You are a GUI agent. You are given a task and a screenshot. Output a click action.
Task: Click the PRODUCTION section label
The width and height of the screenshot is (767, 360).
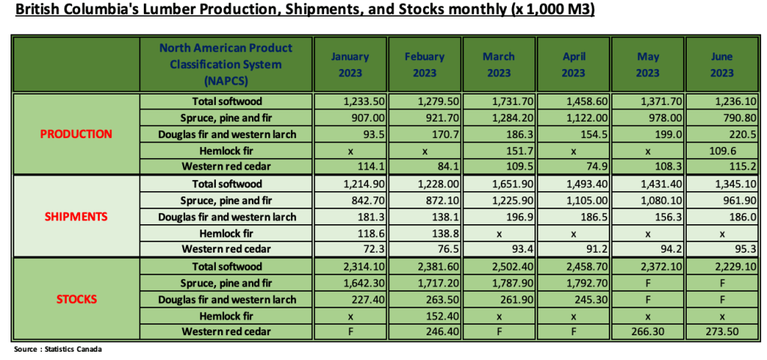[76, 134]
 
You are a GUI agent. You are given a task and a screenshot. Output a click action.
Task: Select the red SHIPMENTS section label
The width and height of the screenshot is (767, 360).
[75, 217]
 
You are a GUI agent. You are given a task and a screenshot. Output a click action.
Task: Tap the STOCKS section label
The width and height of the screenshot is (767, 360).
[76, 299]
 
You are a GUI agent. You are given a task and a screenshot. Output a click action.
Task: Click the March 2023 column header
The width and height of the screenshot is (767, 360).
[499, 64]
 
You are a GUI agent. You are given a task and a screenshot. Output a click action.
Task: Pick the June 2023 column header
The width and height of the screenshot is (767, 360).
[721, 64]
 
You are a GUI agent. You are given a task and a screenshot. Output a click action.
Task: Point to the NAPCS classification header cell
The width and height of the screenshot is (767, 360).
[226, 64]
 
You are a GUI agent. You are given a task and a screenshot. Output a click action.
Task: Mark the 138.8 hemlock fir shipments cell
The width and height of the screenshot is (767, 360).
[424, 233]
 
